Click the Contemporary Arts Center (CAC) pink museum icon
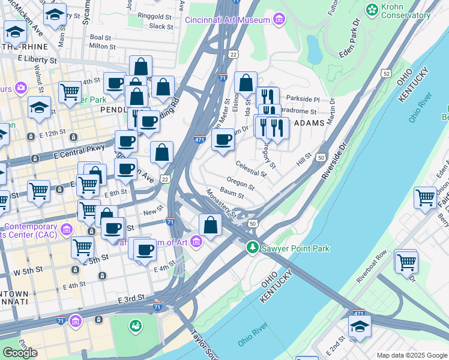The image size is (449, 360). pos(67,229)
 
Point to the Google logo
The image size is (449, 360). pos(20,353)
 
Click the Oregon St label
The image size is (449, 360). pos(241,183)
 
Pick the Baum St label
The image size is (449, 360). pos(232,193)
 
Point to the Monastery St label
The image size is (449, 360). pos(219,203)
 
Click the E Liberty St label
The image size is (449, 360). pos(37,60)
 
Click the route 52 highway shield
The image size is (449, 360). pos(385,73)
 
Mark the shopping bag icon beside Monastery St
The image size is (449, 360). pos(210,226)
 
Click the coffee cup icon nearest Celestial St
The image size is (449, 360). pos(223,140)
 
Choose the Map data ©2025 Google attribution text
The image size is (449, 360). pos(411,355)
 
